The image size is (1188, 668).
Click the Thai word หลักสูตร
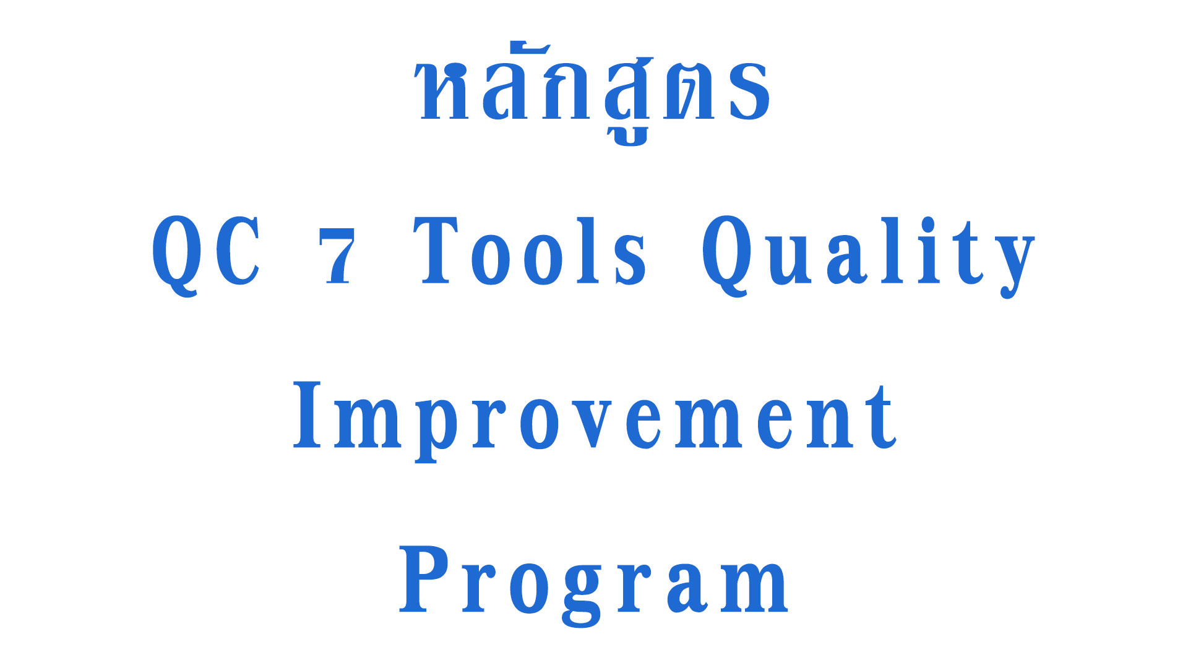(594, 93)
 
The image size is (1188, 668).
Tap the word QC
(206, 254)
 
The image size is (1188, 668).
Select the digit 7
(338, 255)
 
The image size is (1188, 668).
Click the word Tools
(530, 250)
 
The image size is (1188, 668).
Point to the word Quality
(868, 257)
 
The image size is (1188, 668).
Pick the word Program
(594, 585)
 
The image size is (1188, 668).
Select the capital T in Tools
(436, 250)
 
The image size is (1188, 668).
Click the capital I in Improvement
(308, 414)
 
